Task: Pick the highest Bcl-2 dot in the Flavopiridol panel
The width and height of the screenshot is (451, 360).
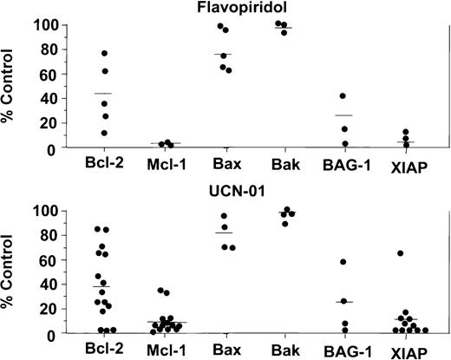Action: pos(105,54)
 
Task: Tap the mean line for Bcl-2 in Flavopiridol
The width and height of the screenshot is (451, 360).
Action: pos(102,94)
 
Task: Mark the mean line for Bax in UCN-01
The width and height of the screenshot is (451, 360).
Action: pos(224,232)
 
